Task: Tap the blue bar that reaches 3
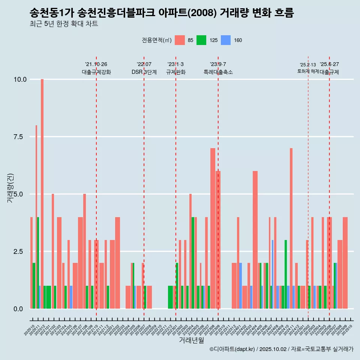(x=273, y=274)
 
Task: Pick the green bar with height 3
(x=286, y=274)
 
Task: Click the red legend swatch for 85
(x=180, y=40)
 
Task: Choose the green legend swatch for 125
(x=201, y=40)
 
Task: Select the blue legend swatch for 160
(x=225, y=40)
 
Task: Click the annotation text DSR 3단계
(x=144, y=72)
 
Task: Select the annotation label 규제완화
(x=175, y=72)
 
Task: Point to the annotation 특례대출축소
(x=218, y=72)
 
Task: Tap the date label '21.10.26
(x=96, y=64)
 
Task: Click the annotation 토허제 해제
(x=308, y=71)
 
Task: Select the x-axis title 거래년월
(x=191, y=340)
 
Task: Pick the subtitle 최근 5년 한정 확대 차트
(x=63, y=24)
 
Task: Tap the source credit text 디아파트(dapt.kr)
(x=232, y=349)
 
